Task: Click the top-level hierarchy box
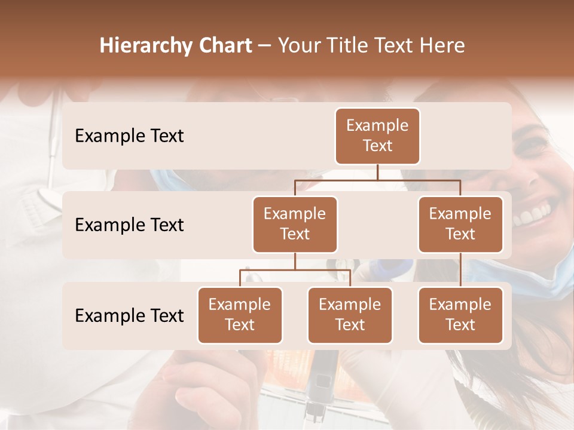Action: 377,136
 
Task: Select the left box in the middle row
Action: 295,224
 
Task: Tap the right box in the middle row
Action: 460,224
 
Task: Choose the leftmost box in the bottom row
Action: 240,315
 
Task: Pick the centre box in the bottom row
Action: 350,315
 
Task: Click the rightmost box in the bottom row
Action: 460,315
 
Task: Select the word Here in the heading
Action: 442,45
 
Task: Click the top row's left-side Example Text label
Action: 129,136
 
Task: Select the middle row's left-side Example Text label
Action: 129,225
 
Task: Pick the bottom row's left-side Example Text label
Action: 129,316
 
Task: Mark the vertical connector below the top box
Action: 377,172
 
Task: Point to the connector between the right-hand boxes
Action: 460,270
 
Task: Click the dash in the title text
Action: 264,46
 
